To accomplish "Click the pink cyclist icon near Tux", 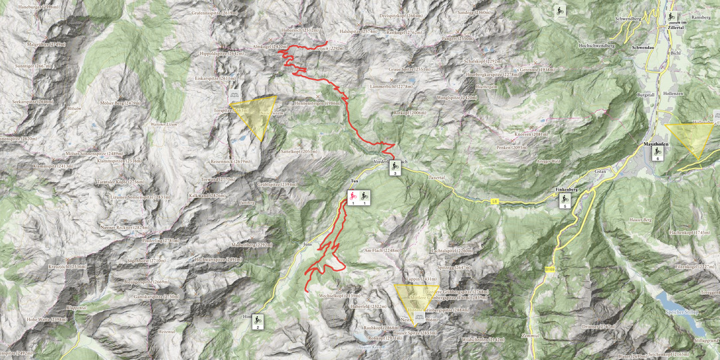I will tap(353, 197).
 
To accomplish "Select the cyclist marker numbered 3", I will tap(395, 168).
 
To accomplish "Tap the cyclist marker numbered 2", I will tap(258, 323).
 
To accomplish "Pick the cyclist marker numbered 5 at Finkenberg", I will tap(565, 201).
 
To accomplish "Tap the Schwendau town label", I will tap(644, 48).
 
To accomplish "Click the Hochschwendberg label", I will tap(596, 45).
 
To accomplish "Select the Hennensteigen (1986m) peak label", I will tap(318, 104).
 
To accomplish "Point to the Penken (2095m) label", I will tap(510, 147).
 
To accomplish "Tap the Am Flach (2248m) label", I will tap(382, 250).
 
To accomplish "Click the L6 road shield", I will tap(495, 202).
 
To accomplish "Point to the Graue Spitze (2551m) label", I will tap(408, 69).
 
